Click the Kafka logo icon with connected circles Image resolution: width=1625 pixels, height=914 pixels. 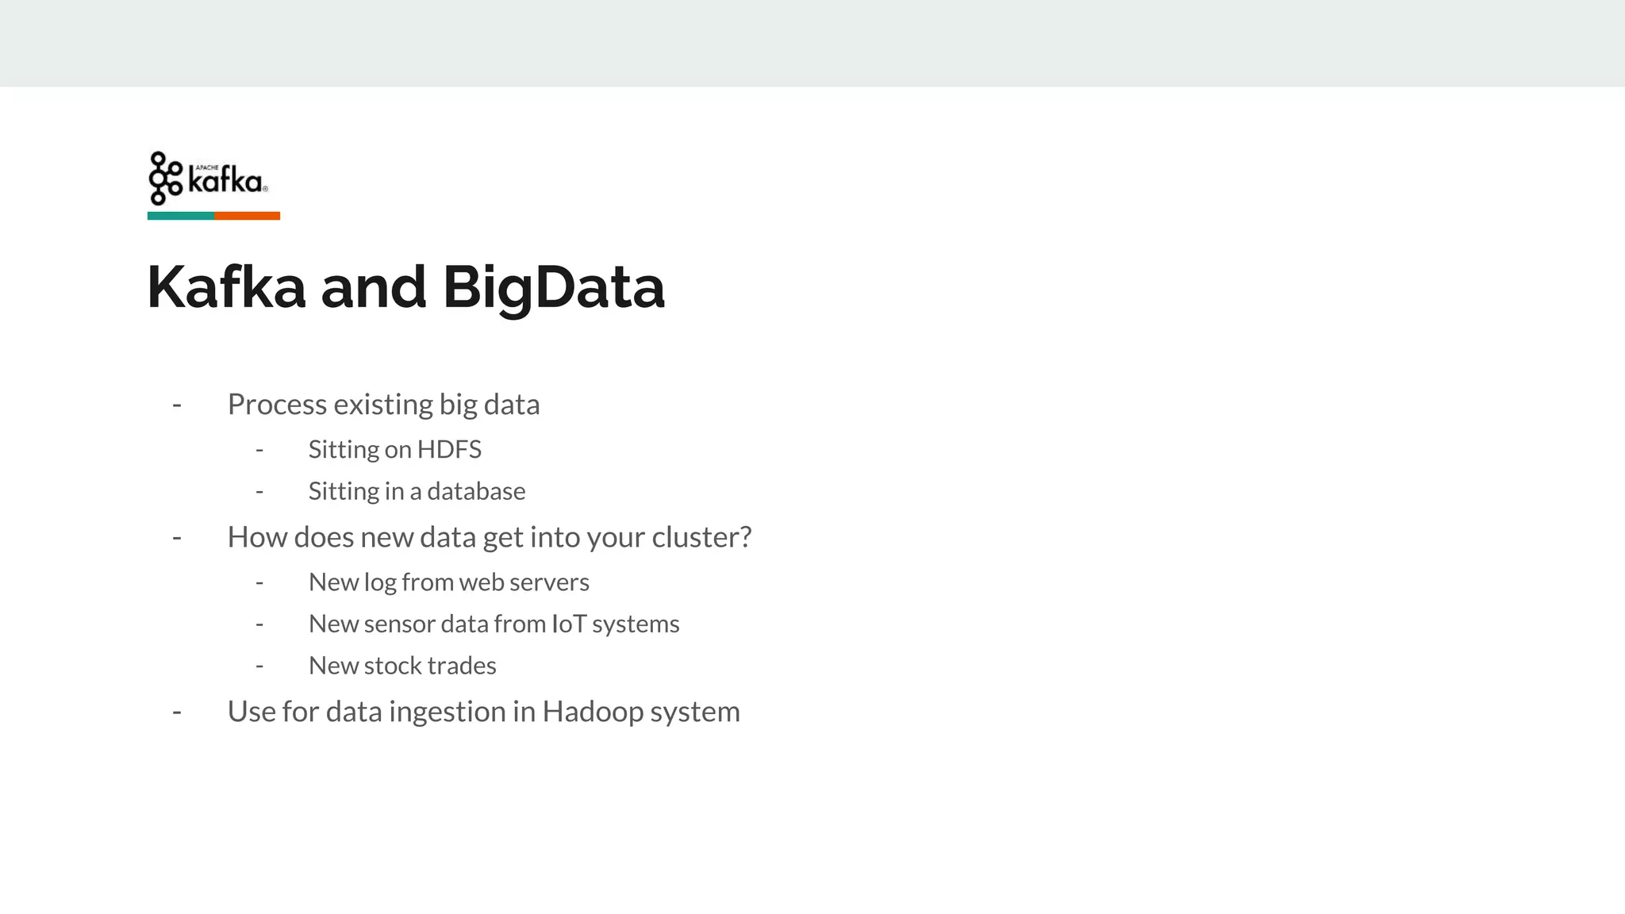[x=165, y=179]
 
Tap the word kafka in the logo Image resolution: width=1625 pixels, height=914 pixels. [x=225, y=182]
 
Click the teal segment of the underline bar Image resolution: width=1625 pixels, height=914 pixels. [x=181, y=216]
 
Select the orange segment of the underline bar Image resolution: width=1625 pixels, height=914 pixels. [x=247, y=216]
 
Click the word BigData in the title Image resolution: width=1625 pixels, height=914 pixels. [x=553, y=287]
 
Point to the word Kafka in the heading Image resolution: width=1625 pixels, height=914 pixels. [x=226, y=287]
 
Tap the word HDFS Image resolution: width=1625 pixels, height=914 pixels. [x=449, y=450]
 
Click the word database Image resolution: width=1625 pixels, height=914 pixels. [x=476, y=492]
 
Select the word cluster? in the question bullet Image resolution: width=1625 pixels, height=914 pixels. [x=701, y=537]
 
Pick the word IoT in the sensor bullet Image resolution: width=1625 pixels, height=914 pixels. [x=569, y=624]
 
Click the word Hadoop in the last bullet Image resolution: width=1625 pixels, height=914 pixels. [x=593, y=712]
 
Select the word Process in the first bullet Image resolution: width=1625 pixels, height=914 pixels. [x=277, y=405]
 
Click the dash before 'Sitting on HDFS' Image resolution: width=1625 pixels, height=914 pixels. [x=259, y=451]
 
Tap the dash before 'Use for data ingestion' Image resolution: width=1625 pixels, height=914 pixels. [x=177, y=712]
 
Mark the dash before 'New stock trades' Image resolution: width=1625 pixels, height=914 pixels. [x=259, y=666]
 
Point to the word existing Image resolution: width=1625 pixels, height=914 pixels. [x=383, y=405]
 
